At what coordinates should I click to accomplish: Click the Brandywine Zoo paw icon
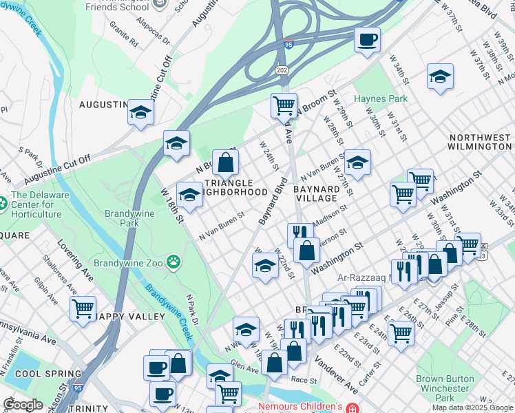point(175,262)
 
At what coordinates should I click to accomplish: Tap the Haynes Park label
point(381,98)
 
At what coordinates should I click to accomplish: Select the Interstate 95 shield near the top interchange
point(287,44)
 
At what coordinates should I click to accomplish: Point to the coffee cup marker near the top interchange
point(367,39)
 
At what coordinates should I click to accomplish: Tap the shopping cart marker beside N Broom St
point(283,106)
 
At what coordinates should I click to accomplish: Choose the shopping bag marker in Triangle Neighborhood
point(225,162)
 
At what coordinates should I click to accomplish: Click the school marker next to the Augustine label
point(140,112)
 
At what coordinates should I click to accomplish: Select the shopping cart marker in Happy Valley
point(83,308)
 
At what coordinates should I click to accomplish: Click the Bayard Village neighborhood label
point(317,193)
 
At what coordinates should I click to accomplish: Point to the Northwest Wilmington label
point(479,142)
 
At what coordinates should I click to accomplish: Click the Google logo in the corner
point(23,404)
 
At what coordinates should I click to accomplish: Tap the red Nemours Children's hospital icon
point(353,407)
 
